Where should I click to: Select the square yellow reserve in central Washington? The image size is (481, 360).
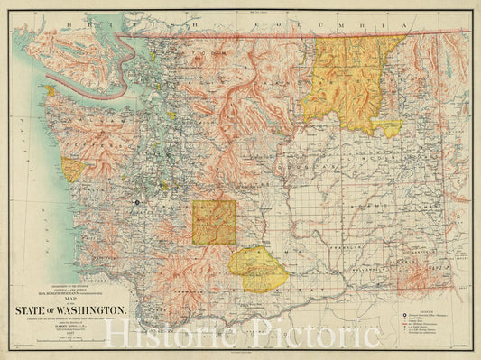point(214,222)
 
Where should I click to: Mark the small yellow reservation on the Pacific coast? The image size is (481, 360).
point(72,169)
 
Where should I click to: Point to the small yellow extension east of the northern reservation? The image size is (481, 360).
point(389,128)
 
